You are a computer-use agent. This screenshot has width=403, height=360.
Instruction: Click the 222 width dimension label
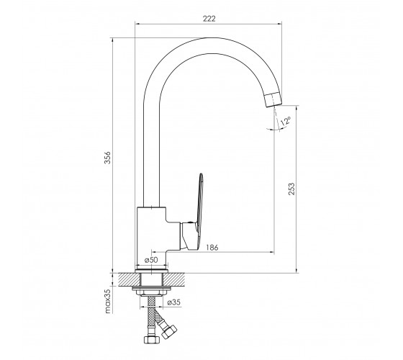tap(209, 19)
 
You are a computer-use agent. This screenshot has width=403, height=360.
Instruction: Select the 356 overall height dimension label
tap(107, 158)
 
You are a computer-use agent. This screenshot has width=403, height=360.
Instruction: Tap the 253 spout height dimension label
tap(291, 189)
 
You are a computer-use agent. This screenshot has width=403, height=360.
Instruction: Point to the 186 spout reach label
tap(212, 248)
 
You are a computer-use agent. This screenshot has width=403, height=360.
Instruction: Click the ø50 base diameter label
tap(151, 260)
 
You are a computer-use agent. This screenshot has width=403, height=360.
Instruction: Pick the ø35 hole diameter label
tap(173, 302)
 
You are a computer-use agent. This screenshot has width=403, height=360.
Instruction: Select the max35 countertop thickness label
tap(108, 301)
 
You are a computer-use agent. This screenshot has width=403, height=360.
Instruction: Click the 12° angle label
tap(286, 121)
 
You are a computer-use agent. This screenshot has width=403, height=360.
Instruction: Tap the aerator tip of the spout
tap(273, 99)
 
